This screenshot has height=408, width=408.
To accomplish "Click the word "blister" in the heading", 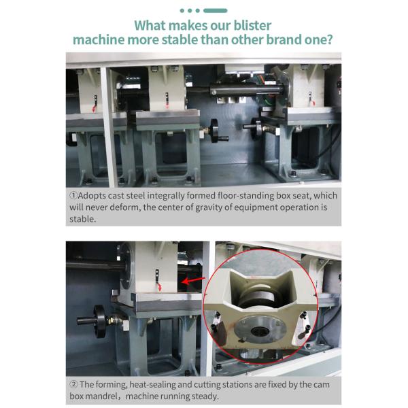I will click(248, 26).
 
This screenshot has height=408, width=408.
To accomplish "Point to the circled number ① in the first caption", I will click(74, 196).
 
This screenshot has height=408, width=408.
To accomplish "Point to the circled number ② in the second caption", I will click(74, 384).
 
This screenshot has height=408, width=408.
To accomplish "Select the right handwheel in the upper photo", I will click(257, 126).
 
